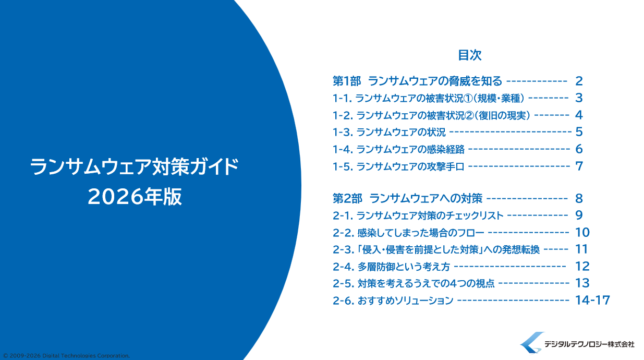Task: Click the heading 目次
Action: coord(470,55)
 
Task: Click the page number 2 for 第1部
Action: coord(579,81)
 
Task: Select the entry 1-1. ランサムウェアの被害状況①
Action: coord(428,99)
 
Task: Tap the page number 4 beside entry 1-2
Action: coord(579,115)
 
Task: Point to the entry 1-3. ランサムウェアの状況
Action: coord(389,132)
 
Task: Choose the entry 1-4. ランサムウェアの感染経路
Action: coord(398,149)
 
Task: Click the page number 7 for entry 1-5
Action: coord(579,166)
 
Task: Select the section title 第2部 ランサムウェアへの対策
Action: coord(407,198)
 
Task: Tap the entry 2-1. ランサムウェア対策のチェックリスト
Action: coord(418,215)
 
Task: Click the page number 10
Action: coord(582,232)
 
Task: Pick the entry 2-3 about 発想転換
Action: coord(436,249)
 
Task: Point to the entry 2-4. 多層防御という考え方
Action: coord(391,267)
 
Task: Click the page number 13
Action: coord(582,283)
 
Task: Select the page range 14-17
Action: coord(592,300)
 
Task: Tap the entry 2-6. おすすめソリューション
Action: coord(393,301)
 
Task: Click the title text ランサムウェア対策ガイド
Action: coord(134,166)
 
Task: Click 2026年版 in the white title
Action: coord(135,197)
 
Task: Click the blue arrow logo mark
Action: coord(532,342)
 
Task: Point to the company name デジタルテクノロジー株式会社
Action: coord(589,344)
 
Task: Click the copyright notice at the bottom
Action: coord(66,356)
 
